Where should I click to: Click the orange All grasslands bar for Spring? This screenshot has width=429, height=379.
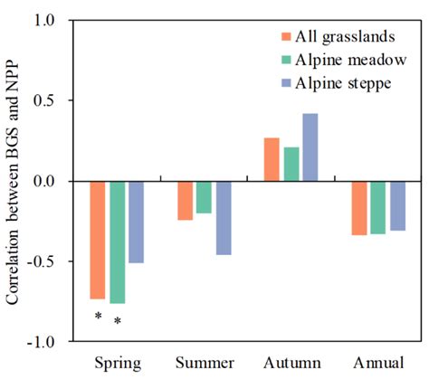[97, 240]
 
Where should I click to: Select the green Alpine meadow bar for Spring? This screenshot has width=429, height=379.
[117, 242]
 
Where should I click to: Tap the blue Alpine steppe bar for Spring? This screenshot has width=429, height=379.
[136, 222]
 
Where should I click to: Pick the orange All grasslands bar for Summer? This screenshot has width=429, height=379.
[185, 200]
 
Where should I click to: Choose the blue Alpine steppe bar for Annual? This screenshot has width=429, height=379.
[397, 205]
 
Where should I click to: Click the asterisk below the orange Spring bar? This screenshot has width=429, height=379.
[97, 317]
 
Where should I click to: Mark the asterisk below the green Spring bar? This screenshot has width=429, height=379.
[117, 321]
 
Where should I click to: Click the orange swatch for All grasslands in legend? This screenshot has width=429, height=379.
[285, 37]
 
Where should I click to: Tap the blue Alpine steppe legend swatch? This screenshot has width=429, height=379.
[285, 84]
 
